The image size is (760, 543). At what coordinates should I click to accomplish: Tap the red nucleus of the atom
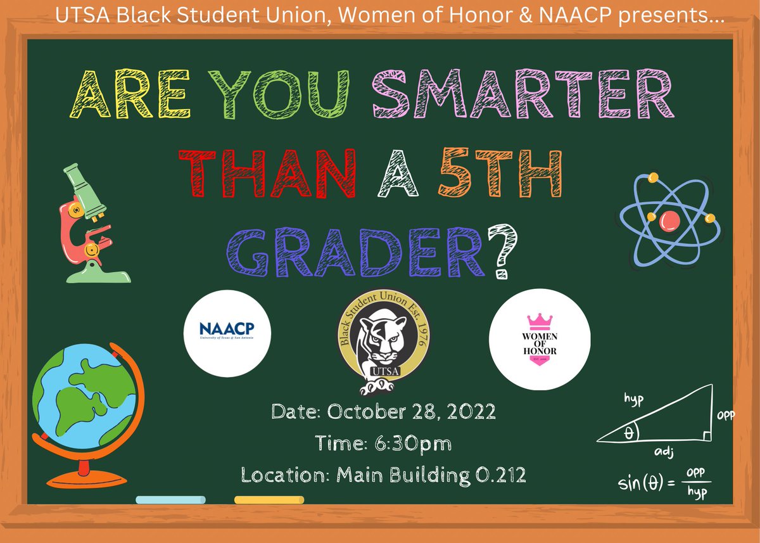[x=669, y=220]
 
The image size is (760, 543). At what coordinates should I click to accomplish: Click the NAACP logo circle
[x=227, y=333]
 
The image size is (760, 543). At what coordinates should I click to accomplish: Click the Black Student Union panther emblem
[x=383, y=343]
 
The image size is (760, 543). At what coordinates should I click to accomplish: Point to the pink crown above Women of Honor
[x=540, y=319]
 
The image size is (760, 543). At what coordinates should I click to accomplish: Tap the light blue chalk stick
[x=170, y=500]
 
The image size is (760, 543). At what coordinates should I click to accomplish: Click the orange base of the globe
[x=82, y=475]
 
